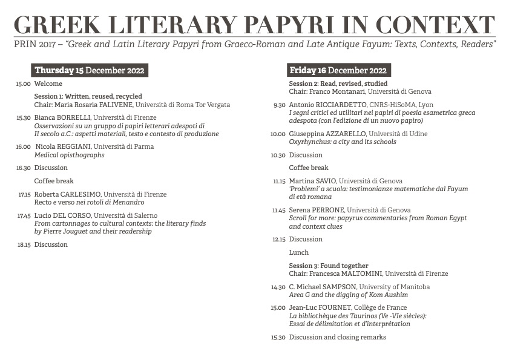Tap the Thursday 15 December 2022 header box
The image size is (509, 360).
pyautogui.click(x=90, y=70)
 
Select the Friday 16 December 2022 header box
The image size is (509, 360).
pyautogui.click(x=338, y=70)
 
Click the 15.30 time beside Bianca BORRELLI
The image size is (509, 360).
pyautogui.click(x=24, y=118)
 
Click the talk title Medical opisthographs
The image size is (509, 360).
pyautogui.click(x=69, y=155)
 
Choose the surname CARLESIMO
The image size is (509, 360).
pyautogui.click(x=80, y=194)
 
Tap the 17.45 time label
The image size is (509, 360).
pyautogui.click(x=24, y=215)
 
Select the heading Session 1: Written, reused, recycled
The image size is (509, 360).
pyautogui.click(x=88, y=96)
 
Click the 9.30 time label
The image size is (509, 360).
pyautogui.click(x=279, y=105)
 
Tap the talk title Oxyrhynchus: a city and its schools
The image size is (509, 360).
pyautogui.click(x=343, y=142)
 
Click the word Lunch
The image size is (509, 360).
pyautogui.click(x=299, y=252)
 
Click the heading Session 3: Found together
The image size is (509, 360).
pyautogui.click(x=329, y=266)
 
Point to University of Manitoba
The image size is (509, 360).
pyautogui.click(x=394, y=286)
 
